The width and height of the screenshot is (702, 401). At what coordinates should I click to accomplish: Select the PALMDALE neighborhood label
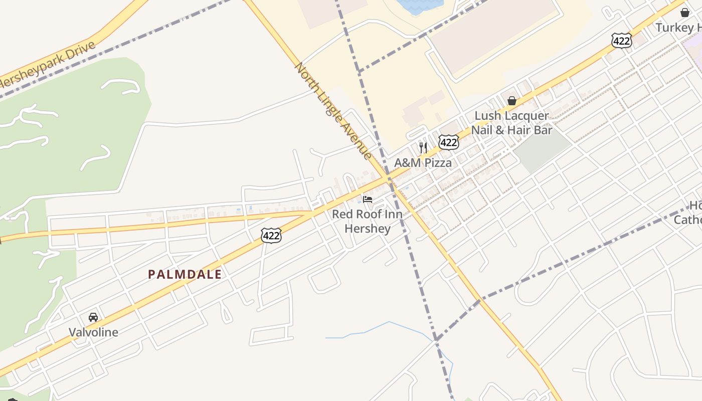(x=185, y=274)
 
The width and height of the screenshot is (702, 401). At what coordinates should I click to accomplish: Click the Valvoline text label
(x=93, y=332)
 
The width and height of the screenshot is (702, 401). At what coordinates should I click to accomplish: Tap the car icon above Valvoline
(x=93, y=317)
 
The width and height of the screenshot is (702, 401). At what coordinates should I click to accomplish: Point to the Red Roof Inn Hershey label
(x=368, y=221)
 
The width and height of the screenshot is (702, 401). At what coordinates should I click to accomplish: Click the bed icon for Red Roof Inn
(x=368, y=199)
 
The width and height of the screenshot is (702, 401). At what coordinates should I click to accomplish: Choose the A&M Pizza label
(x=423, y=162)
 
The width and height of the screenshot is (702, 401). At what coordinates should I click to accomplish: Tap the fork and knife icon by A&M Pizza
(x=423, y=147)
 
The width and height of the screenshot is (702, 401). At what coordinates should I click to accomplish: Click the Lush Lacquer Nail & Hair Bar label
(x=511, y=123)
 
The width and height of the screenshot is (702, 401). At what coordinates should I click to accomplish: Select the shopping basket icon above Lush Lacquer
(x=511, y=101)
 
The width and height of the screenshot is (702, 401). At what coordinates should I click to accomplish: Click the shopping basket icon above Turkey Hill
(x=685, y=13)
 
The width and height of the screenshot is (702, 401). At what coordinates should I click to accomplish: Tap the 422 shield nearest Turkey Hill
(x=621, y=41)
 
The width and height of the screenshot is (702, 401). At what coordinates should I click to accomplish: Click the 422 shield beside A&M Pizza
(x=448, y=142)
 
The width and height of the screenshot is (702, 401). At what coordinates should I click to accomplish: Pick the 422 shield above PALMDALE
(x=271, y=236)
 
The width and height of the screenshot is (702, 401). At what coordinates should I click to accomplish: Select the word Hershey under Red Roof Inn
(x=368, y=229)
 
